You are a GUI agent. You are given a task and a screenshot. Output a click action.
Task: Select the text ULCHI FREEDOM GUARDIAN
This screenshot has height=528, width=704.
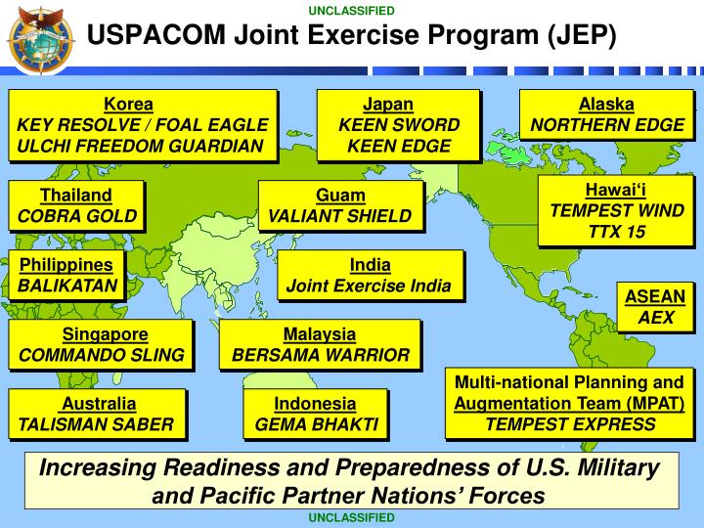[x=142, y=147]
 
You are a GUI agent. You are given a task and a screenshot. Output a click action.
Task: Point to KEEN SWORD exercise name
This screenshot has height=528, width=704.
[x=399, y=125]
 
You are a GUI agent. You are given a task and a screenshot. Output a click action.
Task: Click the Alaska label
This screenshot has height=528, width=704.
[x=606, y=105]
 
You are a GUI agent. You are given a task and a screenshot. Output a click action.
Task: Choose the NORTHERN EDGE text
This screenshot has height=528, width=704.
[x=606, y=125]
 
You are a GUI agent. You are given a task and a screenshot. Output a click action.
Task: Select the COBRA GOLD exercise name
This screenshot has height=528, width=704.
[x=76, y=215]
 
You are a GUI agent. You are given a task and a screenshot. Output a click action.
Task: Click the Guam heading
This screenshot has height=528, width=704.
[x=340, y=195]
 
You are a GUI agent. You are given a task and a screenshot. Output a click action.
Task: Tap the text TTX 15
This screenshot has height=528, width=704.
[x=617, y=232]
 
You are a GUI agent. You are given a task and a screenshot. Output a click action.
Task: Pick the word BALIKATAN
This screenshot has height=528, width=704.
[x=66, y=286]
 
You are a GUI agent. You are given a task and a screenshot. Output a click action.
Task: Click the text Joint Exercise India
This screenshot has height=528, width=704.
[x=369, y=286]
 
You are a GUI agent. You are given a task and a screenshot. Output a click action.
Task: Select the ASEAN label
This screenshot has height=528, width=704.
[x=656, y=297]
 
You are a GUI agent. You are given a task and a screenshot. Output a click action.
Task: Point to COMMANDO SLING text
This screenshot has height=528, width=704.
[x=101, y=355]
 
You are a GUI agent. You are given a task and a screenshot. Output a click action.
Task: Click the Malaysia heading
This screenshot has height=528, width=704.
[x=320, y=334]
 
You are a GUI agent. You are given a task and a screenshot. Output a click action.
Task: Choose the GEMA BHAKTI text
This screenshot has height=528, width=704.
[x=315, y=424]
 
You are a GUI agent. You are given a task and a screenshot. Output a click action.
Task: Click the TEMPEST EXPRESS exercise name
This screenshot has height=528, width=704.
[x=570, y=423]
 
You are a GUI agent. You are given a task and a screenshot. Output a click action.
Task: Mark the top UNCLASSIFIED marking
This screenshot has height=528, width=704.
[x=352, y=11]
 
